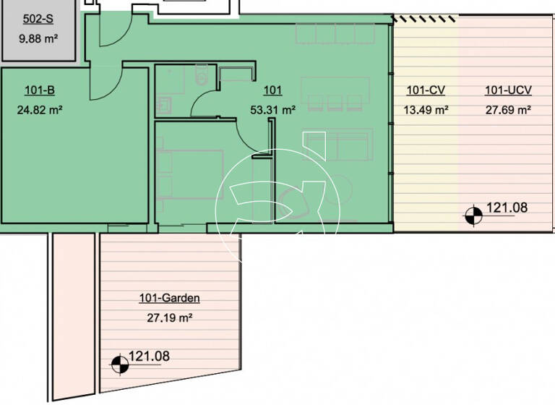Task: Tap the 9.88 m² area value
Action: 36,39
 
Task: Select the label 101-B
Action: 40,90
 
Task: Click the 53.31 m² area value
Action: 278,111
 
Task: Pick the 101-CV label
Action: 426,90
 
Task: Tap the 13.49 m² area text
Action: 426,111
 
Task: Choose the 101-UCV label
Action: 508,90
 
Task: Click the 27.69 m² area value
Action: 508,111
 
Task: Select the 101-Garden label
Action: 168,297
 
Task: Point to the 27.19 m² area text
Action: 168,317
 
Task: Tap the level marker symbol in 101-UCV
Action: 473,214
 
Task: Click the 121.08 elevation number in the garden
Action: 149,357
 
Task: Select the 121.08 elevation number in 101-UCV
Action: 507,208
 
